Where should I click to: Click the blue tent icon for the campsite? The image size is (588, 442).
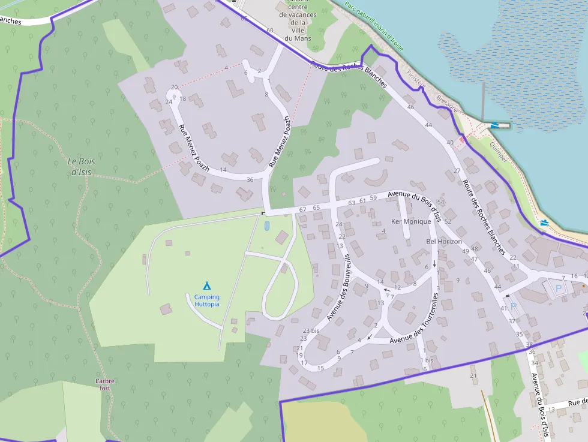tap(207, 285)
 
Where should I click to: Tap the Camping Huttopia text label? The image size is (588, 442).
tap(207, 300)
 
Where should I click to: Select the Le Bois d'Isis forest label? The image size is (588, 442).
tap(81, 166)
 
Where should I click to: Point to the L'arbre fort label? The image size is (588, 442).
tap(104, 384)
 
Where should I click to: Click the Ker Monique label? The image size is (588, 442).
tap(411, 221)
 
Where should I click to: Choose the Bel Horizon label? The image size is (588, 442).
tap(444, 241)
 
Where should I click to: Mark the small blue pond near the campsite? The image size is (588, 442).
tap(266, 226)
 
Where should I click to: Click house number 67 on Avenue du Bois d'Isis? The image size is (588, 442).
tap(302, 209)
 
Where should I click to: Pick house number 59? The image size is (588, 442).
tap(373, 198)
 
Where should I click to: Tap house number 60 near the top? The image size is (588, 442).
tap(270, 30)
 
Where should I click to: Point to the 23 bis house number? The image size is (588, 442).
tap(311, 330)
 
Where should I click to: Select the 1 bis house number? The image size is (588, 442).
tap(427, 360)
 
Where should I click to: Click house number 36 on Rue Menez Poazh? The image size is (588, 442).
tap(250, 179)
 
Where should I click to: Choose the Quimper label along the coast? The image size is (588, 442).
tap(498, 152)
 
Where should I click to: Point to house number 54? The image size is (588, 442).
tap(441, 202)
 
